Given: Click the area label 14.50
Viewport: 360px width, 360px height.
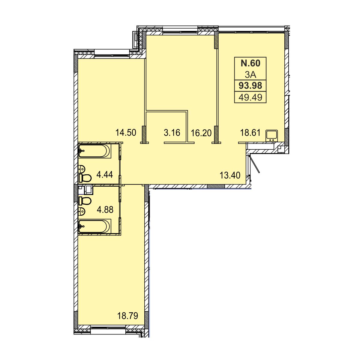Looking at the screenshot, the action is pyautogui.click(x=126, y=133).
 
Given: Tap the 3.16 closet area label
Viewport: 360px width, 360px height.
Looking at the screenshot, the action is pyautogui.click(x=172, y=133).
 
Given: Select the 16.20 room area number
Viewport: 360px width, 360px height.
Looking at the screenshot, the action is pyautogui.click(x=201, y=133).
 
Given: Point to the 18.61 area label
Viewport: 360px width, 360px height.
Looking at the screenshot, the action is pyautogui.click(x=250, y=133).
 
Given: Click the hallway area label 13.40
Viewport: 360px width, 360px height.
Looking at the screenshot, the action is pyautogui.click(x=230, y=175).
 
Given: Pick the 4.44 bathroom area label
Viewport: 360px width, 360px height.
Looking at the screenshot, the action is pyautogui.click(x=105, y=175).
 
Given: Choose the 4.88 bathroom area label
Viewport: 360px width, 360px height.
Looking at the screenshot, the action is pyautogui.click(x=105, y=210).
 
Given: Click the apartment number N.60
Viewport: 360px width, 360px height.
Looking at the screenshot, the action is pyautogui.click(x=250, y=63).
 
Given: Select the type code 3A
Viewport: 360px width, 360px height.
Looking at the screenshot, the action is pyautogui.click(x=250, y=75).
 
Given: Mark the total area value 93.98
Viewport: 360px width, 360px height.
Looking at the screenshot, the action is pyautogui.click(x=250, y=85).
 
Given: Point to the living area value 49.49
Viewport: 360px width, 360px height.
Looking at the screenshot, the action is pyautogui.click(x=250, y=97).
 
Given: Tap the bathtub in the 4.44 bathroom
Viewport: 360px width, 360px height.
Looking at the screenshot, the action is pyautogui.click(x=94, y=151).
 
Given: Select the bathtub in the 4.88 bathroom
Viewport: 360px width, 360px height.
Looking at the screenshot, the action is pyautogui.click(x=94, y=226).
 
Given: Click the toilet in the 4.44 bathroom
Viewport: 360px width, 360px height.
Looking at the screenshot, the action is pyautogui.click(x=85, y=178).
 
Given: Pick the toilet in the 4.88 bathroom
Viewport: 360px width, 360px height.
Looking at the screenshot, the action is pyautogui.click(x=85, y=201).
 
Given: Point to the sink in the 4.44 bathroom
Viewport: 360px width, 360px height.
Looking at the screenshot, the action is pyautogui.click(x=82, y=169).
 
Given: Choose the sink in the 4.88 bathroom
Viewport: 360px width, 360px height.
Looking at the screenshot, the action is pyautogui.click(x=82, y=211).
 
